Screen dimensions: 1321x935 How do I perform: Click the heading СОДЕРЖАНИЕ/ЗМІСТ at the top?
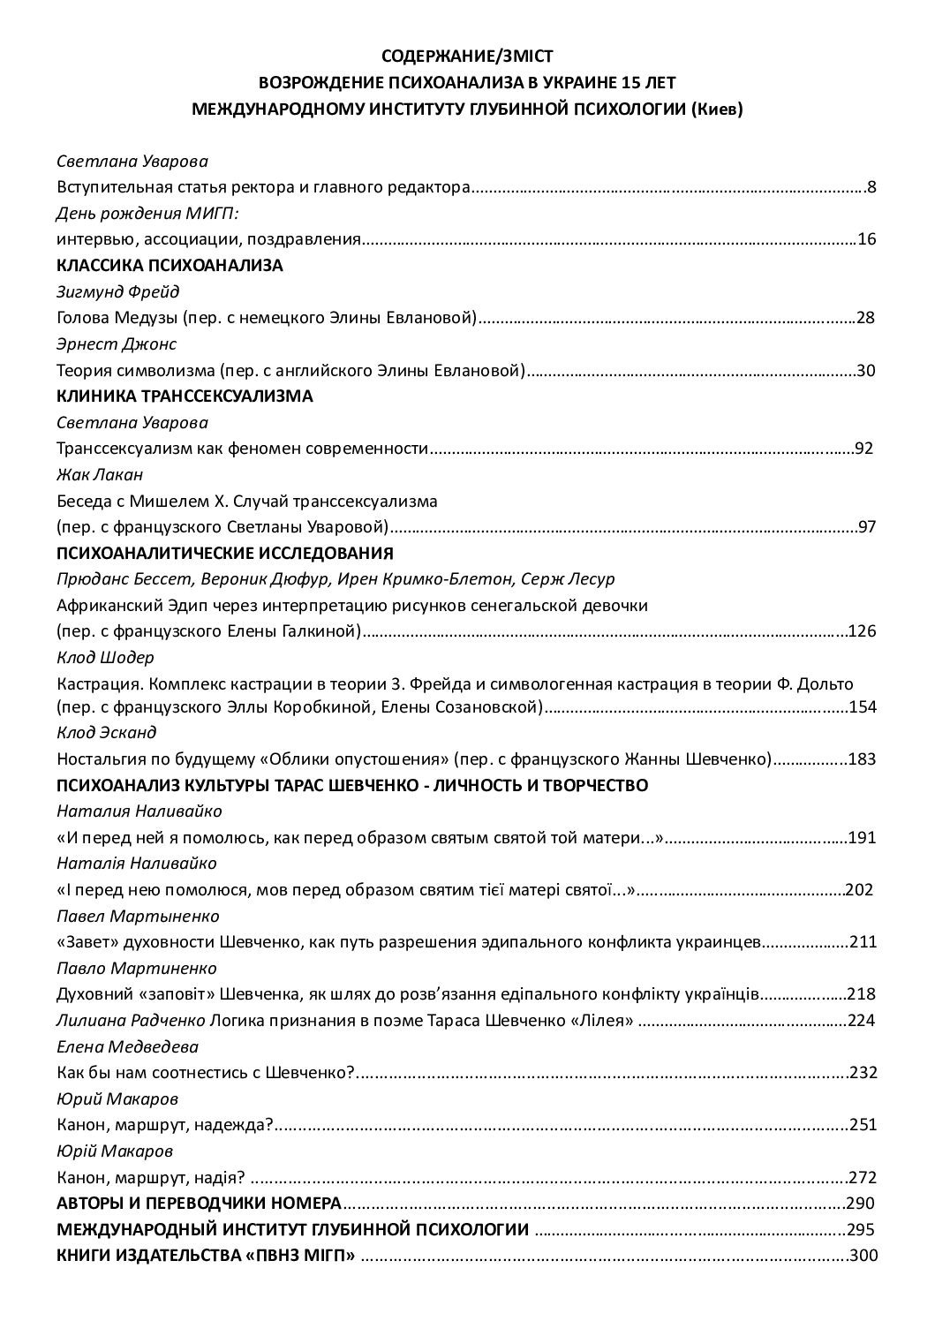(x=467, y=57)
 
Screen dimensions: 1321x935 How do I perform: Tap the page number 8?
(x=871, y=186)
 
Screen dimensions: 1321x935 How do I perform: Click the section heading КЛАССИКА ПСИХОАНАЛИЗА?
(x=170, y=266)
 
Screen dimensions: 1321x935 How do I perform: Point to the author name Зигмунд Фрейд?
(x=118, y=292)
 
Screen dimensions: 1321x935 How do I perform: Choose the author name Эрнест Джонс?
(x=117, y=343)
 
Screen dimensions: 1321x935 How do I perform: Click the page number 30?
(x=865, y=370)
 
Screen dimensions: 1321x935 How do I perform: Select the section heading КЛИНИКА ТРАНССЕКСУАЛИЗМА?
(x=185, y=396)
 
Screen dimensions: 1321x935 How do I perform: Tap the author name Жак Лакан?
(x=99, y=475)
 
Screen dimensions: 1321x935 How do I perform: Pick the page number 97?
(x=866, y=528)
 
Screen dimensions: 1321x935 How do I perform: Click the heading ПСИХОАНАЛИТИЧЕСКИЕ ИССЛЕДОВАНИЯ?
(x=224, y=554)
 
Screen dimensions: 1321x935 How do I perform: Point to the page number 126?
(x=861, y=631)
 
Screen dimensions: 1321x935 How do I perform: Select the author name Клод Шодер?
(x=105, y=657)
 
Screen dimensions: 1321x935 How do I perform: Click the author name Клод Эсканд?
(x=107, y=732)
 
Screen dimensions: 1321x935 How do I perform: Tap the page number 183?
(x=861, y=759)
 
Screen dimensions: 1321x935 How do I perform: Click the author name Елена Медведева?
(x=127, y=1046)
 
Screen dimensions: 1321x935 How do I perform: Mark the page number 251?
(x=862, y=1125)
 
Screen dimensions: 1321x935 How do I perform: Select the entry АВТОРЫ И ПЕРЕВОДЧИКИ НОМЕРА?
(x=199, y=1203)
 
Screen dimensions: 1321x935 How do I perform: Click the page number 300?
(x=862, y=1255)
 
